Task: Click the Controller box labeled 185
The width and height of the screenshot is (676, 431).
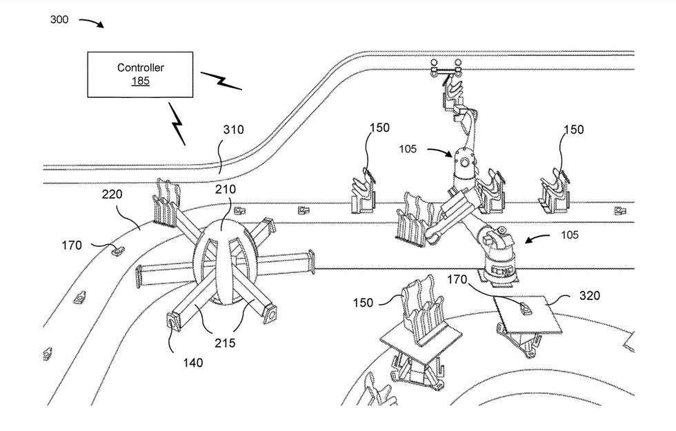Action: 140,74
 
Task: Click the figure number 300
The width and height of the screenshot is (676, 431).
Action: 59,19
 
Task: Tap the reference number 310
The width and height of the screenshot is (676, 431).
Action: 233,130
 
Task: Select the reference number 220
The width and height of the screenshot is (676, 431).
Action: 112,194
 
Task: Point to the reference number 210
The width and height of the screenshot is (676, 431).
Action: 226,189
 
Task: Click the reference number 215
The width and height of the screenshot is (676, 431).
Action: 225,343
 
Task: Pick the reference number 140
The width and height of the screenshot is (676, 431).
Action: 192,363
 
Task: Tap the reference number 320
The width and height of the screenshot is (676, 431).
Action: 589,296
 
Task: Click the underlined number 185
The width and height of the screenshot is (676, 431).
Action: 141,81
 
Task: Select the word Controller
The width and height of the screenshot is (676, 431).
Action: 141,68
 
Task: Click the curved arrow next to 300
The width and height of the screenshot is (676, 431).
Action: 91,22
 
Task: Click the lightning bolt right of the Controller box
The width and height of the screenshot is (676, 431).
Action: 221,81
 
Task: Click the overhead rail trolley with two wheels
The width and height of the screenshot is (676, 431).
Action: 446,68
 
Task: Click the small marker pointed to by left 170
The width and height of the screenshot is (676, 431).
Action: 117,250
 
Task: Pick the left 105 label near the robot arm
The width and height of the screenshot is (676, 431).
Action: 408,149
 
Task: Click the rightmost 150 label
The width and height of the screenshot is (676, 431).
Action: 573,130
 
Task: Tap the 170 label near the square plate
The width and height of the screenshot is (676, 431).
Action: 457,280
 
